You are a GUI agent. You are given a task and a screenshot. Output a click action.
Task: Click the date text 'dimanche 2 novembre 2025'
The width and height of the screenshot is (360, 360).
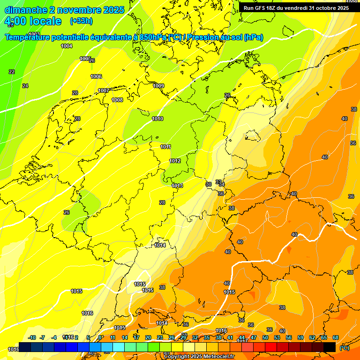click(x=64, y=10)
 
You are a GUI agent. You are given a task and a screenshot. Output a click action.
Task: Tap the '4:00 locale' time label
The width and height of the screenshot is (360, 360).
click(x=33, y=21)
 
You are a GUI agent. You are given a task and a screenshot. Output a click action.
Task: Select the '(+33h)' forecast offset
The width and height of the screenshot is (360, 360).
click(x=81, y=21)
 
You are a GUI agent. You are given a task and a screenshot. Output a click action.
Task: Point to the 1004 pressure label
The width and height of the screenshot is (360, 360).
click(x=67, y=46)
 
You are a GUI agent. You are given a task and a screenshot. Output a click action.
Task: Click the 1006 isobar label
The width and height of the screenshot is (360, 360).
click(x=96, y=76)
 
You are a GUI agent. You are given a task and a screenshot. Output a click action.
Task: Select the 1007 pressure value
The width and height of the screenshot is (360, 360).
click(x=104, y=90)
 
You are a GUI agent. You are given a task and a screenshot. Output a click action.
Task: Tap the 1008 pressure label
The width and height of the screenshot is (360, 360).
click(x=117, y=100)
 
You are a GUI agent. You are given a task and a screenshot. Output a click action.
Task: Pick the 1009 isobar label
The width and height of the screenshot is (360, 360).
click(x=158, y=86)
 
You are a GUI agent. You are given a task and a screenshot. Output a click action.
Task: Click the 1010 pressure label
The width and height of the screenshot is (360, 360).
click(x=157, y=119)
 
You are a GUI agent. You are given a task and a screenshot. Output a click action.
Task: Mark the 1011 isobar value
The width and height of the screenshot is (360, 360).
click(x=165, y=147)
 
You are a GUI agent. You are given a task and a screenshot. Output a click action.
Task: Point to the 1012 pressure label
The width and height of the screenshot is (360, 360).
click(x=175, y=161)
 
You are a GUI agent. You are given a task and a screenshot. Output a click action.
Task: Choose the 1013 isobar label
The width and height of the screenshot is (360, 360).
click(x=177, y=186)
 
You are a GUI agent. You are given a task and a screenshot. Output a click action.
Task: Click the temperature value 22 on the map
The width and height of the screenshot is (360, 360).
click(x=12, y=72)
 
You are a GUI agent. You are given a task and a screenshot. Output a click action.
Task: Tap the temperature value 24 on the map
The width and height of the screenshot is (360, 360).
click(x=25, y=86)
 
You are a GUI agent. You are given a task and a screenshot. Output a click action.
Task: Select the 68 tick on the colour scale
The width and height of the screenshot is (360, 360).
click(x=336, y=337)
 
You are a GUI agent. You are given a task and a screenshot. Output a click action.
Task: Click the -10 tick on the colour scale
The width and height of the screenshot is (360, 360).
click(x=32, y=337)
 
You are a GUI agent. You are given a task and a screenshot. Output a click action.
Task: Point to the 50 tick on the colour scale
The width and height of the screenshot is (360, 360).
click(x=265, y=337)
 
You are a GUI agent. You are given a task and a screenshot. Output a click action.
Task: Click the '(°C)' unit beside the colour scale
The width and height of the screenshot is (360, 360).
click(x=344, y=348)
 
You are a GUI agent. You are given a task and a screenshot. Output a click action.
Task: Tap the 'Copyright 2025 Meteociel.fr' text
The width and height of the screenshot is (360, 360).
click(x=198, y=356)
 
